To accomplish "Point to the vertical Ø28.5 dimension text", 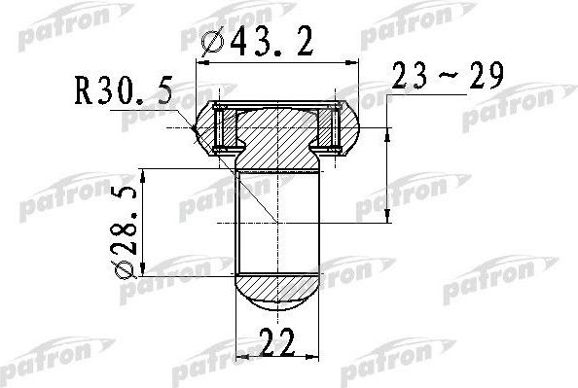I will point(123,225).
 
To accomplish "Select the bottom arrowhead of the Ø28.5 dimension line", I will point(145,274).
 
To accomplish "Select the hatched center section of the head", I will point(277,136).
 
